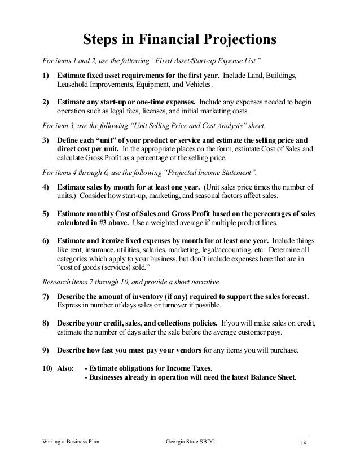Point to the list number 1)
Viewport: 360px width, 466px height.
click(x=46, y=76)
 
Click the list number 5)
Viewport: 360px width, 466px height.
click(x=46, y=214)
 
